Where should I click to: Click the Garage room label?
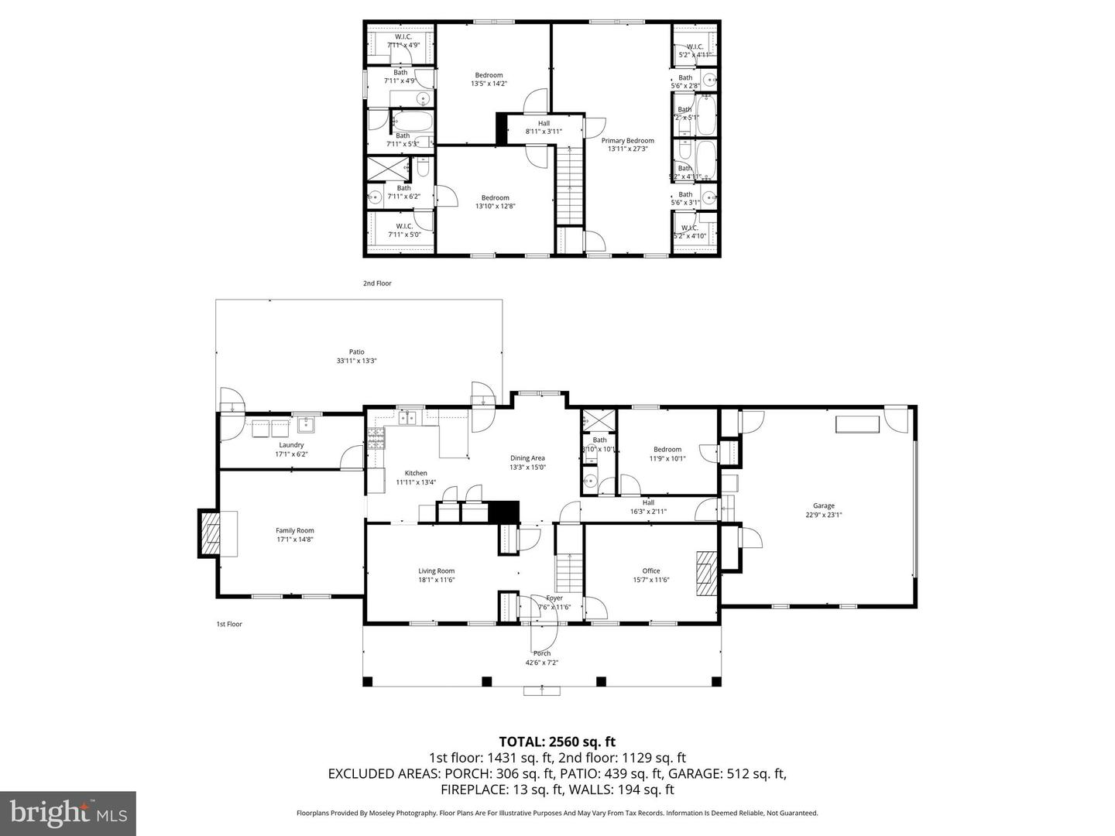point(823,506)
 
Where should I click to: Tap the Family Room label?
point(294,531)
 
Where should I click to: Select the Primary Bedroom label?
point(627,141)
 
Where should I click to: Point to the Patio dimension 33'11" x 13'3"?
point(356,361)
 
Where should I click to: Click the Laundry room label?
point(291,445)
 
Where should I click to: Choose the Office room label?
point(650,571)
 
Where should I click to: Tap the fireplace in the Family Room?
point(211,533)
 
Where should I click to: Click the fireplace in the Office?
point(706,573)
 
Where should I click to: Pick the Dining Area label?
point(527,458)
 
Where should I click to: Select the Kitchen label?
point(416,473)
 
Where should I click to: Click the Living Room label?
point(436,571)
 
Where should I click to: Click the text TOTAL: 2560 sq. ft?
point(557,742)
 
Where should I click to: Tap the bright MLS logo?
point(68,813)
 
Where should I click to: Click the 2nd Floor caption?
point(377,283)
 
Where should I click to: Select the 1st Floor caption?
point(229,624)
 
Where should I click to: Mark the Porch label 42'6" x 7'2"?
point(541,658)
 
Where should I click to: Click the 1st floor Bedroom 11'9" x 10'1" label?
point(667,454)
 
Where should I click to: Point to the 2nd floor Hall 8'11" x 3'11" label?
point(544,127)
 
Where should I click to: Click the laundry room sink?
point(306,424)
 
